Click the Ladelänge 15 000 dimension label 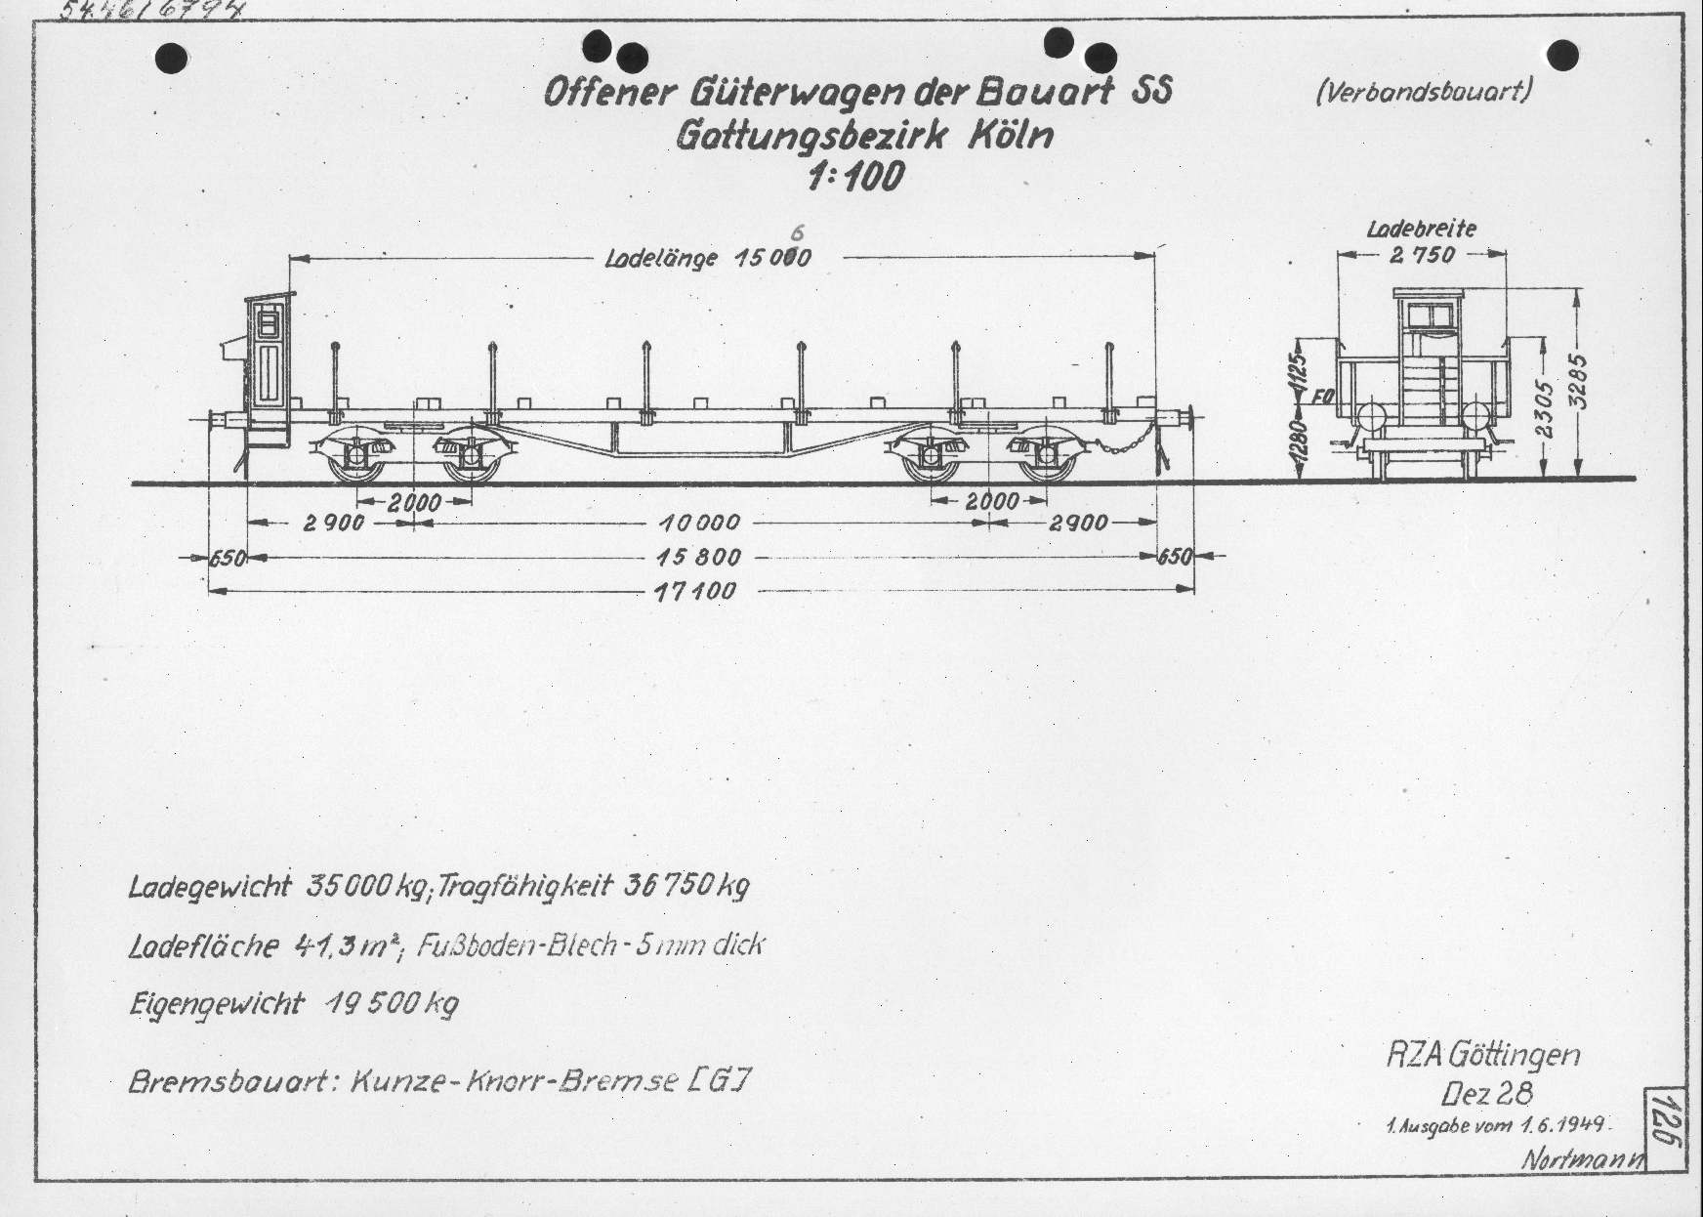708,258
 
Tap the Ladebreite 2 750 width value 1421,255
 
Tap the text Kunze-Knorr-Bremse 512,1082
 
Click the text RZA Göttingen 1482,1056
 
